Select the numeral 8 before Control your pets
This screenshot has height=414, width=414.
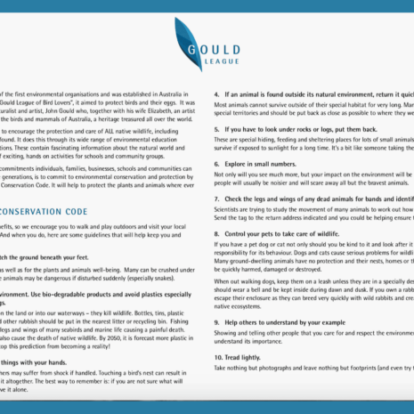217,231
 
